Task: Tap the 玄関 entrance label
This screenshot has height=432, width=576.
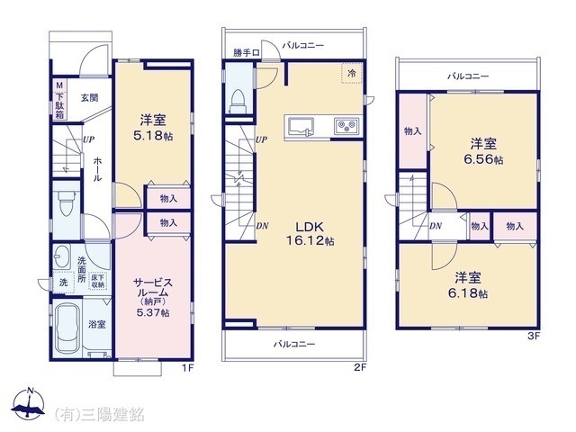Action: coord(89,98)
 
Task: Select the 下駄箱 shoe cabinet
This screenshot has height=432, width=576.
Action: coord(60,99)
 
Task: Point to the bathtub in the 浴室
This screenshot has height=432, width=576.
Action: coord(68,328)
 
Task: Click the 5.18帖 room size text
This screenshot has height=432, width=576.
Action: coord(153,136)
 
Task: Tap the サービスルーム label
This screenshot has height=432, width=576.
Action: coord(153,288)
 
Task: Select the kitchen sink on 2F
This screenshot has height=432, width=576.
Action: coord(301,127)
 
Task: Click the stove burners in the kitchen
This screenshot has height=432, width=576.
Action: coord(346,126)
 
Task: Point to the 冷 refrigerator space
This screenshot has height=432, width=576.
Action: coord(352,73)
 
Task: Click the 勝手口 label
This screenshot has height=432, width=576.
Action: coord(246,53)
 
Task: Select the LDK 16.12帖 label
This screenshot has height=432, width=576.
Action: coord(310,234)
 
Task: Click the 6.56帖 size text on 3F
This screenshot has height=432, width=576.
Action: coord(483,160)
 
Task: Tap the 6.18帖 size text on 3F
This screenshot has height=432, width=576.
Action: coord(468,293)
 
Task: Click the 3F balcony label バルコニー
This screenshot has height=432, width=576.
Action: coord(468,76)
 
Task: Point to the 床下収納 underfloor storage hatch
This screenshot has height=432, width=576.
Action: coord(98,281)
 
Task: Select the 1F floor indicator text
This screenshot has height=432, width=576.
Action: coord(187,367)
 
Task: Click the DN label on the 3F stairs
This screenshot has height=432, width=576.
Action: coord(436,226)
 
